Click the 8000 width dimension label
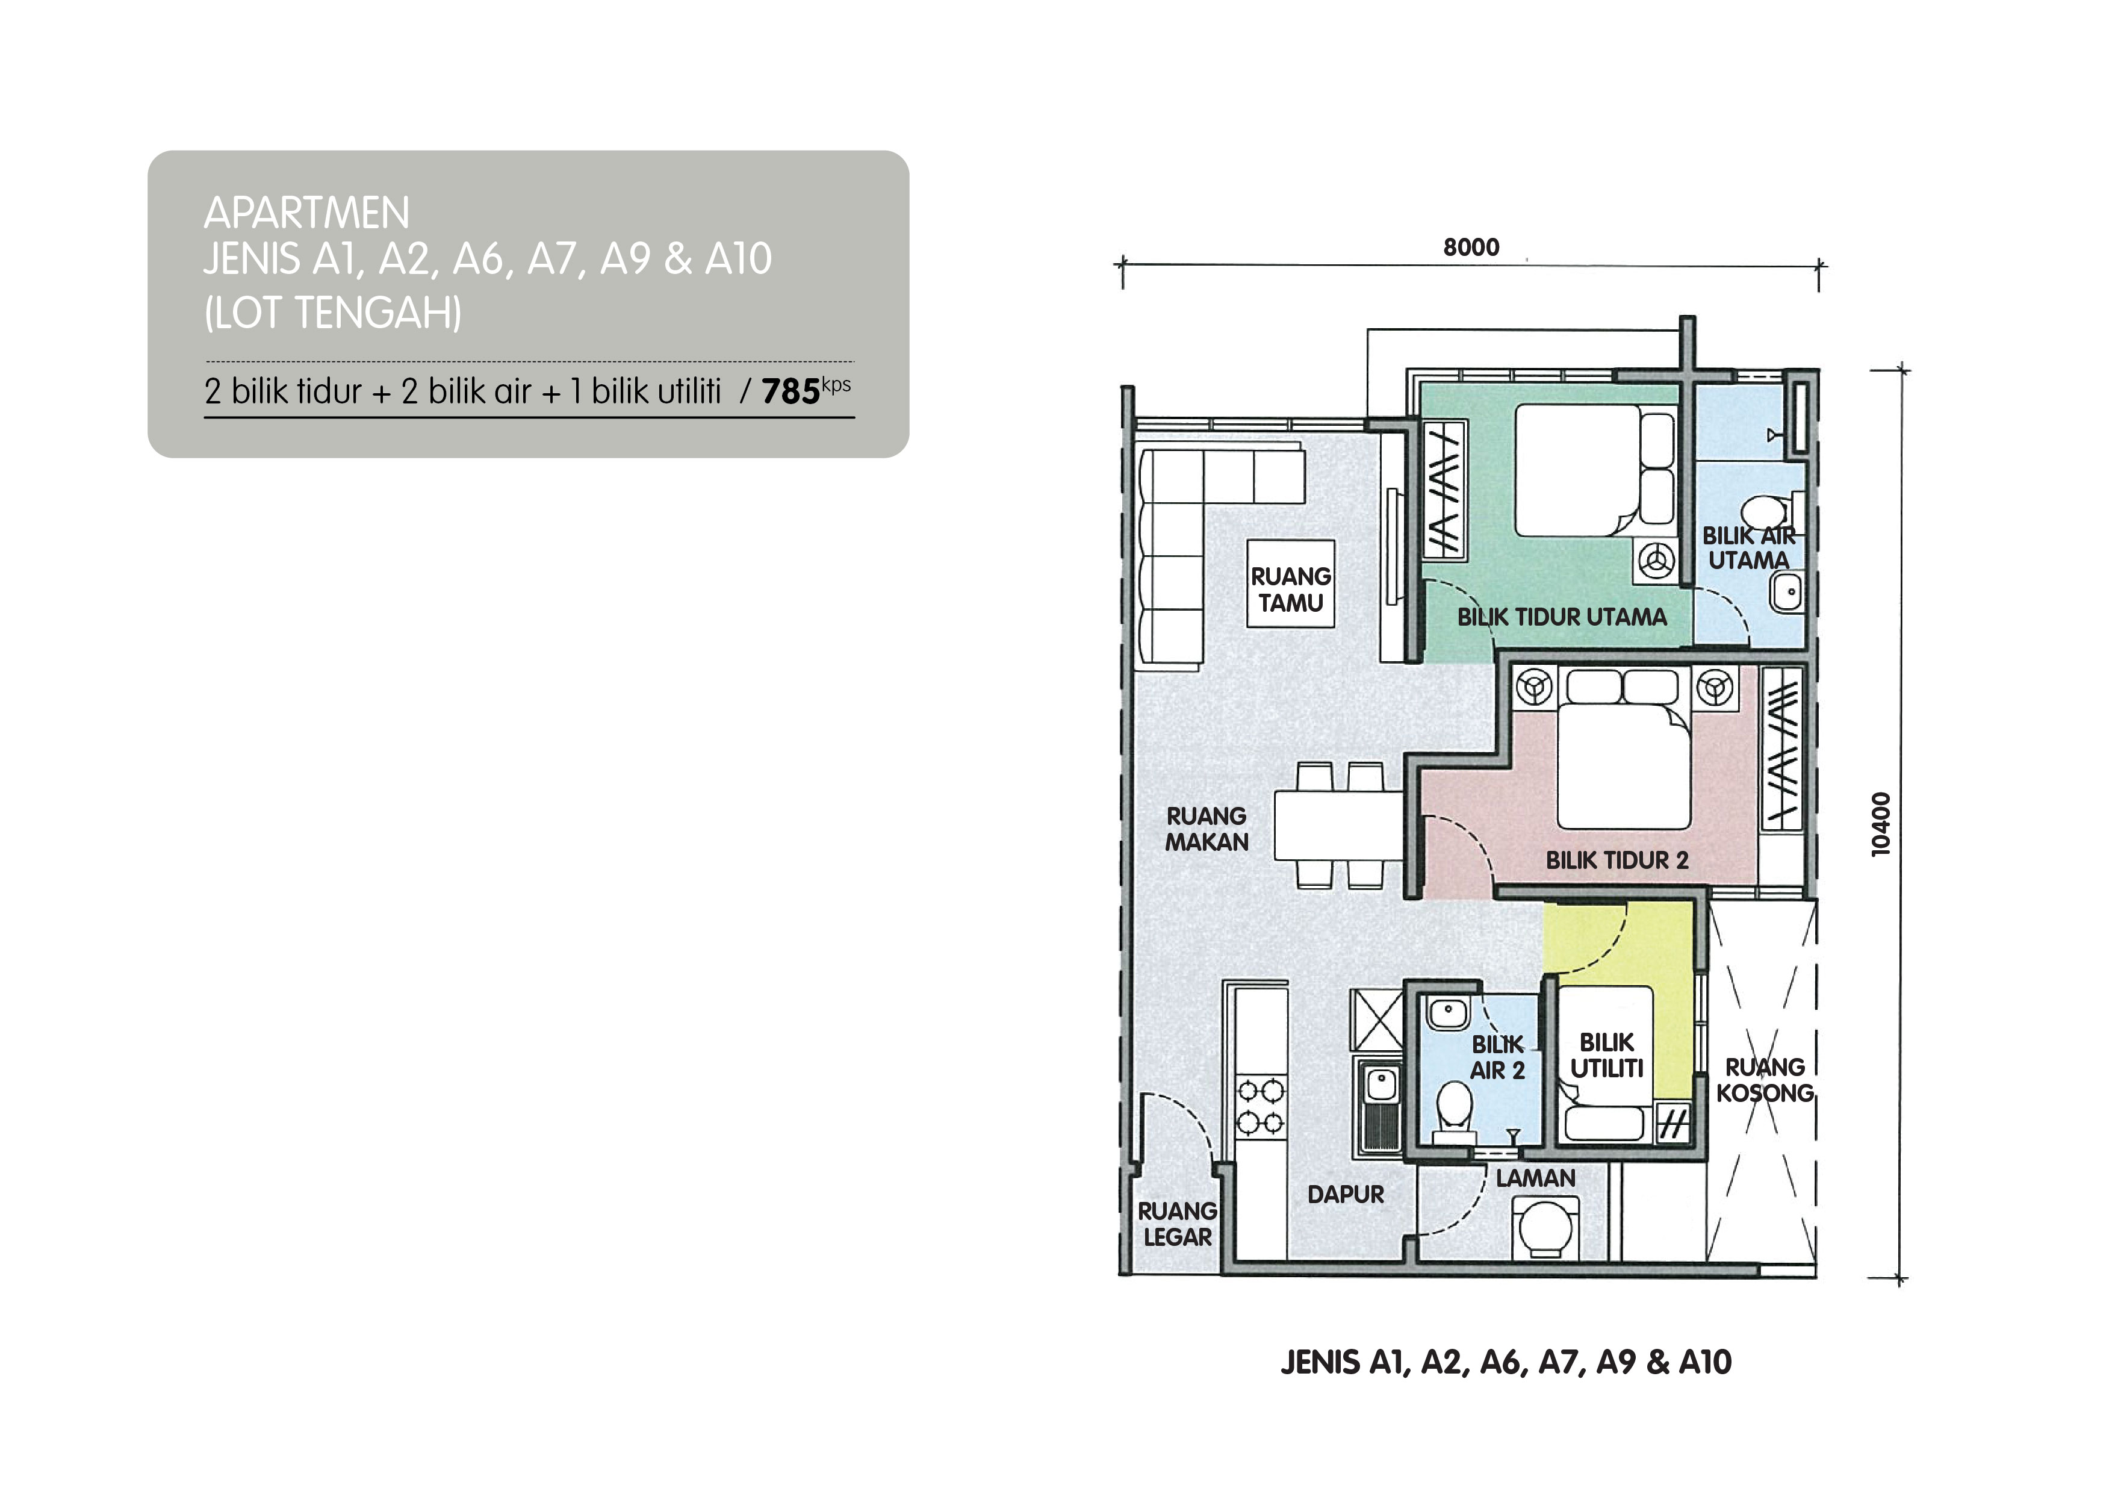[1471, 246]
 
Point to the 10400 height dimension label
[1881, 824]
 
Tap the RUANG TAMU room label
[1291, 589]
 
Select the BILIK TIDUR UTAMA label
[1562, 617]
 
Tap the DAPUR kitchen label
[1346, 1194]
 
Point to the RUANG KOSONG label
[1764, 1080]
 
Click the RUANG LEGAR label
[1178, 1224]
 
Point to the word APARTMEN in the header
[306, 213]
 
